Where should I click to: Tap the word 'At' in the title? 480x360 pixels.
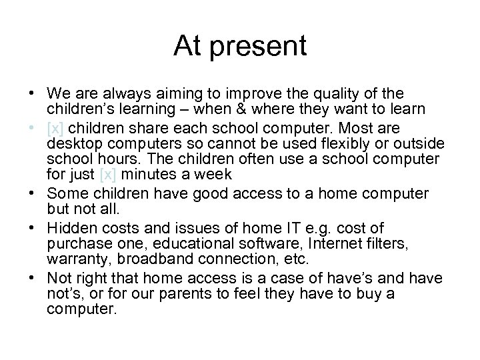187,46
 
